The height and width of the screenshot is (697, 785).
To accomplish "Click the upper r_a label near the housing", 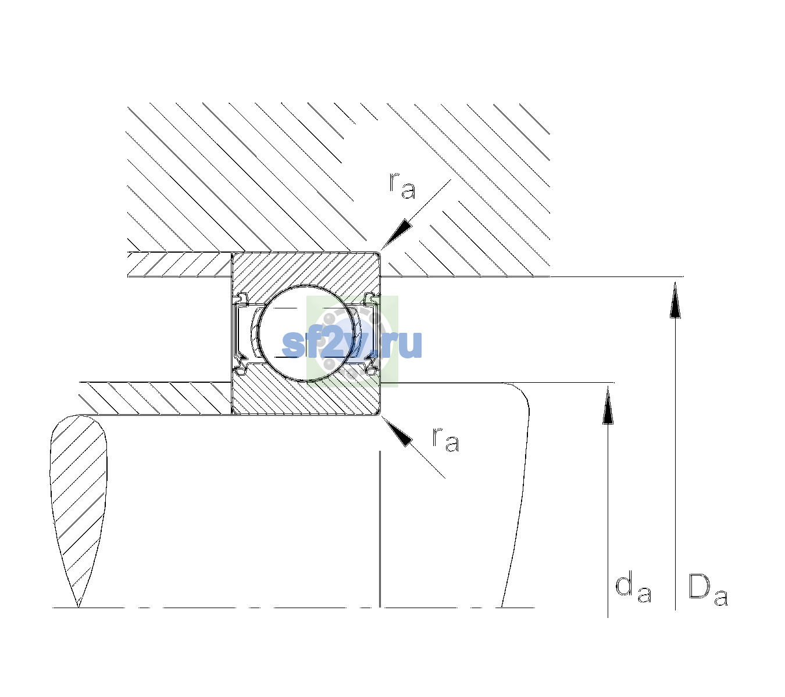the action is tap(402, 186).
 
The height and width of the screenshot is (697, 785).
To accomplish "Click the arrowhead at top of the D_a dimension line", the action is tap(675, 300).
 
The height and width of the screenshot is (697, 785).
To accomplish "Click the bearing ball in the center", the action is tap(306, 333).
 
